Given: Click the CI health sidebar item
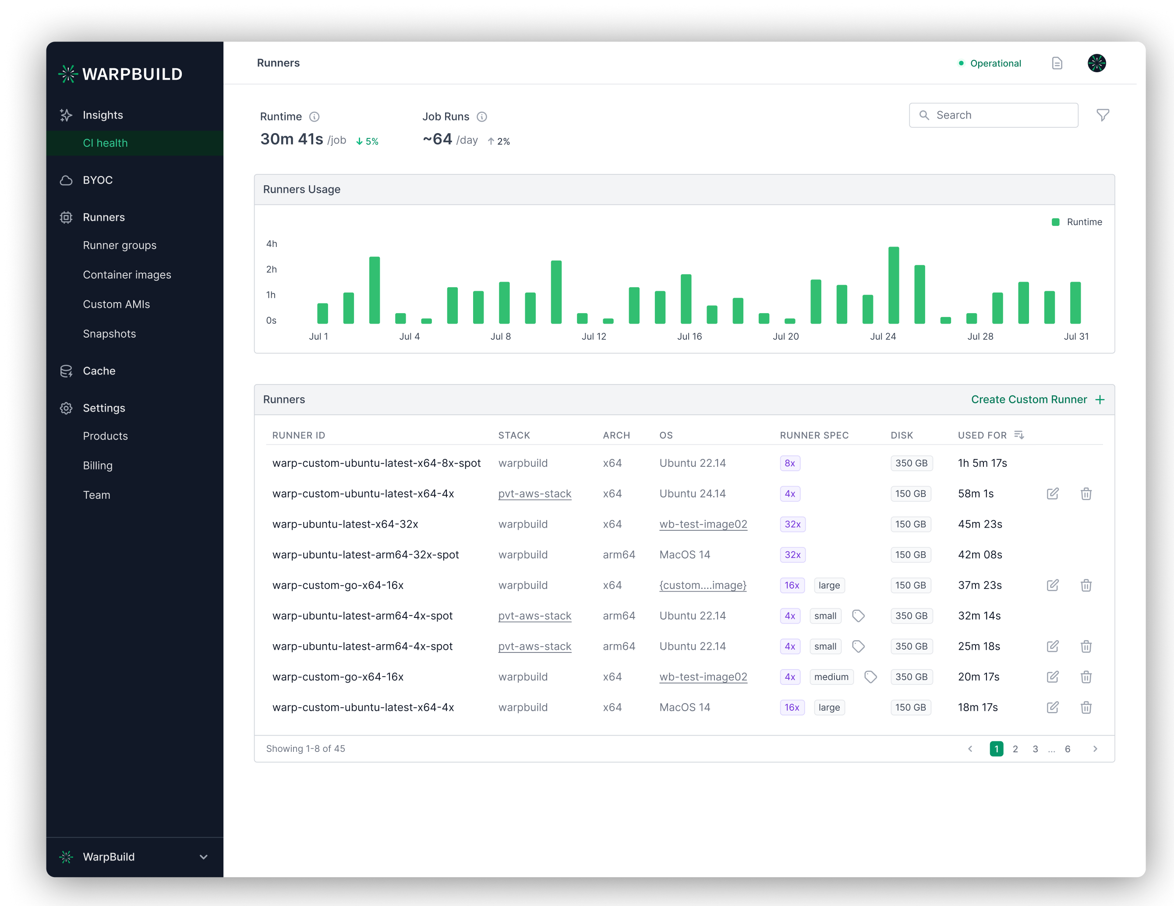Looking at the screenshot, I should pos(106,143).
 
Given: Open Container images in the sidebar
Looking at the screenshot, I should pos(127,275).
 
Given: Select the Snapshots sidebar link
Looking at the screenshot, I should pos(109,334).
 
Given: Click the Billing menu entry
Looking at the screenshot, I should pos(98,465).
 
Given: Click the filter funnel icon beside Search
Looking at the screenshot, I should pos(1103,115).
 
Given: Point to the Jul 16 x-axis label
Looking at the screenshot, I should pos(689,336).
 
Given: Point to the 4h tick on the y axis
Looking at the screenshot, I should pos(272,244).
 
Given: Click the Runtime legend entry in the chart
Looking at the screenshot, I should pos(1077,222).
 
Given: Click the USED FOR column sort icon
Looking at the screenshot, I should pos(1018,435).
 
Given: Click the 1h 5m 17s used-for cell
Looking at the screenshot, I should pos(982,463).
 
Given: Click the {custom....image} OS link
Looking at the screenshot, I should pos(703,585).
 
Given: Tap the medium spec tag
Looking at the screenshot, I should pos(831,677).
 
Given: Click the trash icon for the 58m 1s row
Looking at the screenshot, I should pos(1086,494).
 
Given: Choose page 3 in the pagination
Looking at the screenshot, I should pos(1035,749).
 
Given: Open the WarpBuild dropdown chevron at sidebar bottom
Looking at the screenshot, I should pos(204,857).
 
